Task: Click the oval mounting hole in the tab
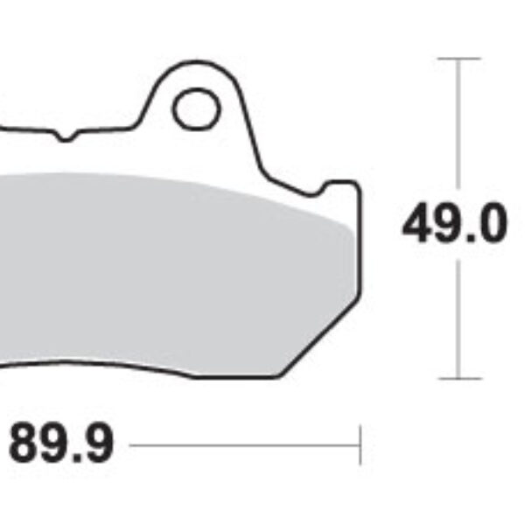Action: click(x=195, y=109)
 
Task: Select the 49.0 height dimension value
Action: click(x=454, y=226)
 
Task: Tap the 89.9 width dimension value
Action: click(x=60, y=445)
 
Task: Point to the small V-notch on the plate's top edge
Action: click(x=67, y=136)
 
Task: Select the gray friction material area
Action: click(x=175, y=271)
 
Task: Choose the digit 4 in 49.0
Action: click(x=418, y=226)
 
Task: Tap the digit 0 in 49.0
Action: click(x=491, y=226)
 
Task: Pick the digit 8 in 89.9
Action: click(x=25, y=445)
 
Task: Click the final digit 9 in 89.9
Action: click(x=97, y=445)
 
